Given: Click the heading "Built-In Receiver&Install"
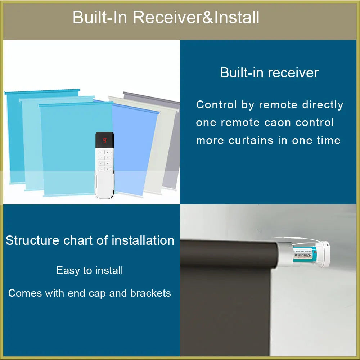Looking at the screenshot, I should (166, 18).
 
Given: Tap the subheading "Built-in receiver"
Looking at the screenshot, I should (269, 73).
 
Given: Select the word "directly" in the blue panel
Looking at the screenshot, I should (323, 105).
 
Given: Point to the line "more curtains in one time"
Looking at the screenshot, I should (268, 140).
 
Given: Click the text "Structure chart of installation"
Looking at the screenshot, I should (90, 240).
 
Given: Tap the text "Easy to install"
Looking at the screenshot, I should (90, 270).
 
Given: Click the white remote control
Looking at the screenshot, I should (104, 169).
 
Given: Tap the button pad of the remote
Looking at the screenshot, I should (104, 160).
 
